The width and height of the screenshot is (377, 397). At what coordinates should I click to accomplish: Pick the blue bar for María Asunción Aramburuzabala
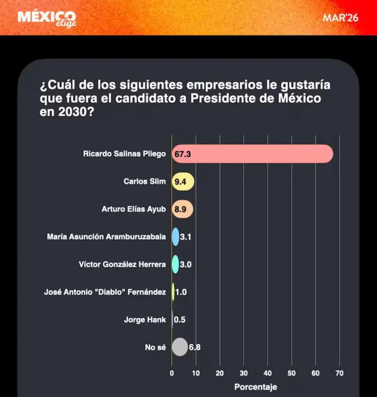[x=176, y=237]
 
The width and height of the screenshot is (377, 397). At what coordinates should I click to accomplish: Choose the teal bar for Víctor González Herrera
[x=175, y=264]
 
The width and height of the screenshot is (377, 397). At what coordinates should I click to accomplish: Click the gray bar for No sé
[x=180, y=347]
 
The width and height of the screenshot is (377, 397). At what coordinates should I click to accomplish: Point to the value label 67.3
[x=183, y=154]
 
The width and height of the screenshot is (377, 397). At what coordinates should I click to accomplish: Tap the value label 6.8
[x=194, y=347]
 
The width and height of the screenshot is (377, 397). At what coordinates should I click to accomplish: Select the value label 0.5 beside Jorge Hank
[x=179, y=320]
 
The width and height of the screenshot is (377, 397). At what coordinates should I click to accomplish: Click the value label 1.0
[x=181, y=292]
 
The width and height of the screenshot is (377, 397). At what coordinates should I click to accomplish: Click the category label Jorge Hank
[x=145, y=320]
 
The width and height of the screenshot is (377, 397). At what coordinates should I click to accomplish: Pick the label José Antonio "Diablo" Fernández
[x=105, y=292]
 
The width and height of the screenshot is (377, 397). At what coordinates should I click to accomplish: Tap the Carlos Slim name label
[x=145, y=181]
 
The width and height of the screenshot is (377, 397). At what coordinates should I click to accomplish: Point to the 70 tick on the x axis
[x=339, y=373]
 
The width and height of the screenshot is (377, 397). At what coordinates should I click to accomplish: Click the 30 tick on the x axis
[x=243, y=373]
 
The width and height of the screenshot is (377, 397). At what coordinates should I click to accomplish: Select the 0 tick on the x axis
[x=172, y=373]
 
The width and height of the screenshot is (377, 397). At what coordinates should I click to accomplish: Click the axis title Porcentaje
[x=255, y=387]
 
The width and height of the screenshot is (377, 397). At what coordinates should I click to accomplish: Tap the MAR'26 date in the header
[x=340, y=18]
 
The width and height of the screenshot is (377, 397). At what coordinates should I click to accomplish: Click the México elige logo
[x=47, y=19]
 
